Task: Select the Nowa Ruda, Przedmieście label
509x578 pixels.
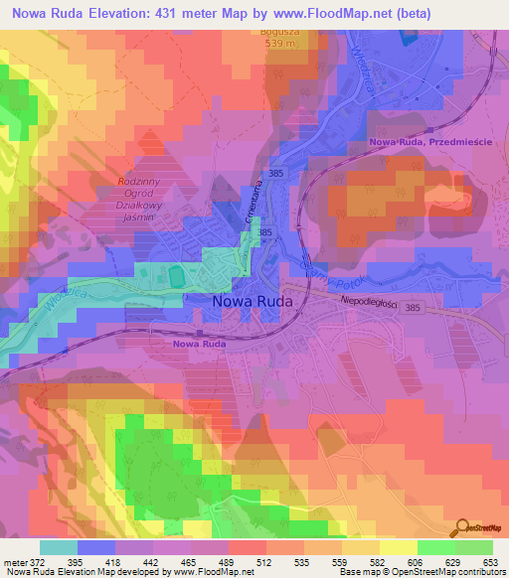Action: (430, 143)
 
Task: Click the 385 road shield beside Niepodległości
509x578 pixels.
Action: (412, 309)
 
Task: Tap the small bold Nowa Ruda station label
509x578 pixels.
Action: (197, 344)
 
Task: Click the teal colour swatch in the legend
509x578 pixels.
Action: (59, 547)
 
